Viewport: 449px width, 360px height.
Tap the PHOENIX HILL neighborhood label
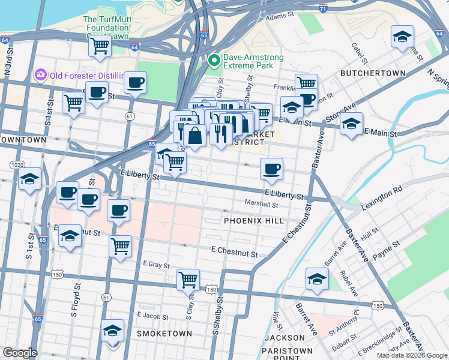coord(253,221)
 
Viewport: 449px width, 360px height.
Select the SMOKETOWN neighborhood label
coord(164,333)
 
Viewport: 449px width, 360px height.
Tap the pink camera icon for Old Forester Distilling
coord(41,75)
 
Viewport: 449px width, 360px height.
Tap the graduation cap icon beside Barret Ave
coord(317,277)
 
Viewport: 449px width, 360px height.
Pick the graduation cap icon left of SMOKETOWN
coord(112,330)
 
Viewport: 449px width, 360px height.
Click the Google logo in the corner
coord(20,353)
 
